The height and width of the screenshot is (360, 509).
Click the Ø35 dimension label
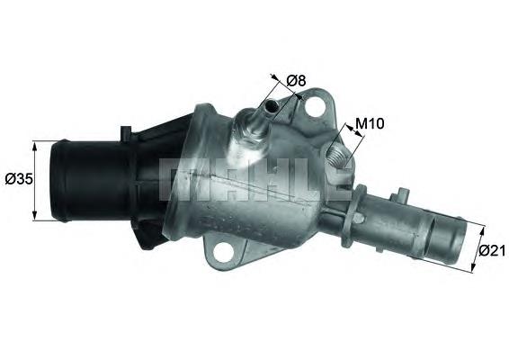(19, 179)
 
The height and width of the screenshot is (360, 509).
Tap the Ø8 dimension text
(297, 81)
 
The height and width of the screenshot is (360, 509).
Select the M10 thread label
(371, 124)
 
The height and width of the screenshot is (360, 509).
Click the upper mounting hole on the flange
(314, 109)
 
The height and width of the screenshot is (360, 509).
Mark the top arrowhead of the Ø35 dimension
(35, 144)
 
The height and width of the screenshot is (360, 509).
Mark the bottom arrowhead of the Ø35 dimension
(35, 218)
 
